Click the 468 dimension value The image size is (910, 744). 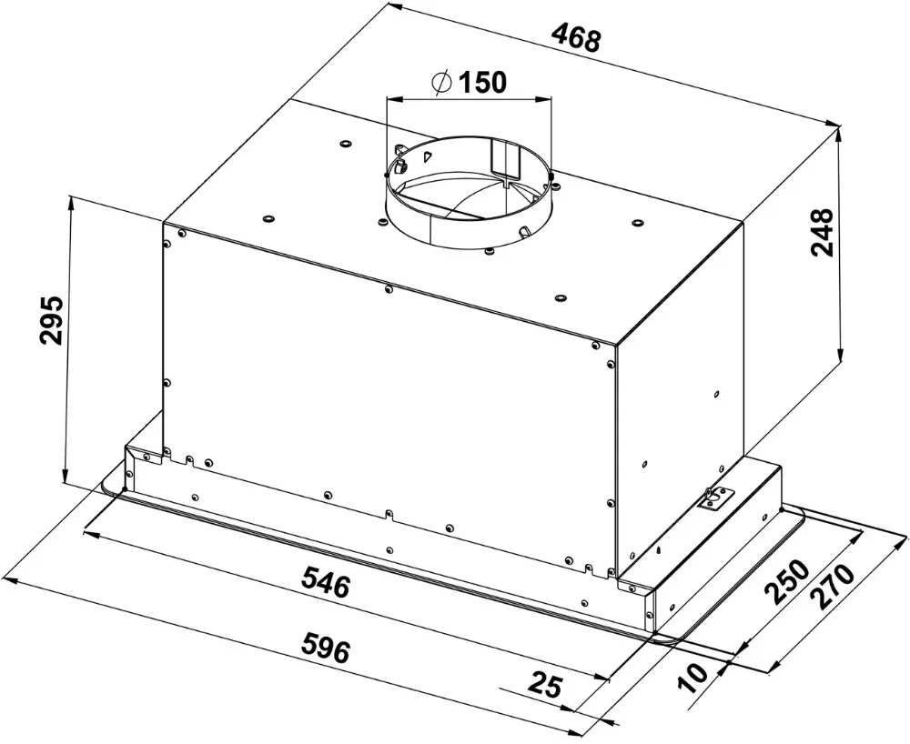point(576,39)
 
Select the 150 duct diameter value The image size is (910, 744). point(481,83)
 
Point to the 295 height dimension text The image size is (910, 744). point(51,319)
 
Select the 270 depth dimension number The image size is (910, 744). point(835,589)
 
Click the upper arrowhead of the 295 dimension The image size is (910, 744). point(70,202)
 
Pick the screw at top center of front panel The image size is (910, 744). point(389,289)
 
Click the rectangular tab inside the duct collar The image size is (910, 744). point(502,158)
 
